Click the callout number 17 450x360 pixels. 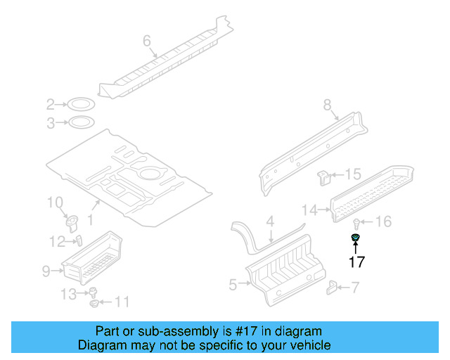357,262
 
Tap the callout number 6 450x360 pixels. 147,41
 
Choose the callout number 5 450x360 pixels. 233,284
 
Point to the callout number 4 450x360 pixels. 270,222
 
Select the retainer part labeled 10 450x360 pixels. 72,222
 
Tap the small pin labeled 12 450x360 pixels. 79,240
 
